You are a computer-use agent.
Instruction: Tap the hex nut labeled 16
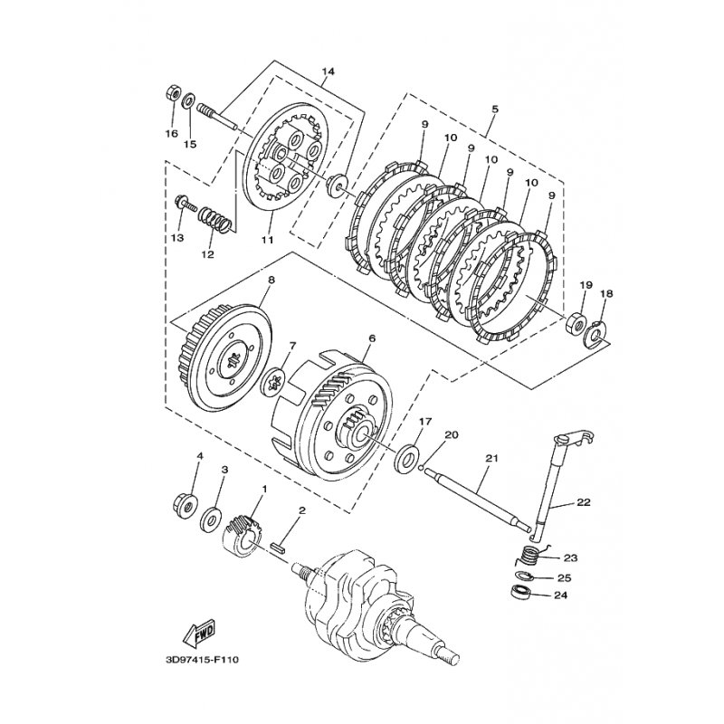[x=171, y=94]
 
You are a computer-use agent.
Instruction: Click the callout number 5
[x=495, y=109]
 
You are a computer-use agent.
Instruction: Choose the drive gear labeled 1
[x=240, y=534]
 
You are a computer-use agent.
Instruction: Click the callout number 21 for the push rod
[x=491, y=459]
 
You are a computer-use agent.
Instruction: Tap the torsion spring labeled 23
[x=532, y=556]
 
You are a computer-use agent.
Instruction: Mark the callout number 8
[x=269, y=281]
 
